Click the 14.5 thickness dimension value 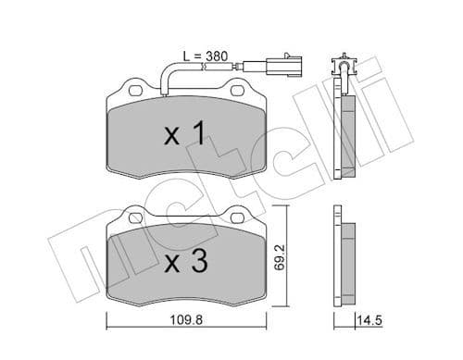[x=371, y=322]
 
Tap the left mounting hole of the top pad [x=132, y=91]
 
